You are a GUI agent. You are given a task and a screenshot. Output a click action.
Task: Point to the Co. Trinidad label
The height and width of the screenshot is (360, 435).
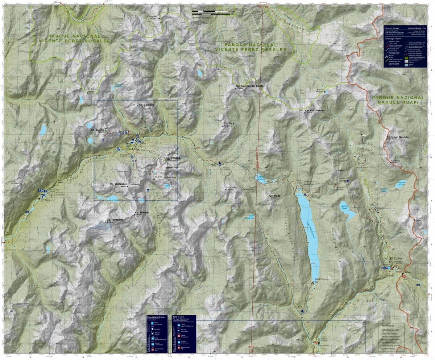click(173, 158)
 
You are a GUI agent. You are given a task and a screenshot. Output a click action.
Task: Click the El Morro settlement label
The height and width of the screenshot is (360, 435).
click(47, 200)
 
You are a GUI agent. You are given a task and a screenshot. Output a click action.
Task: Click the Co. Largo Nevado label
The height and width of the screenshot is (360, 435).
click(397, 137)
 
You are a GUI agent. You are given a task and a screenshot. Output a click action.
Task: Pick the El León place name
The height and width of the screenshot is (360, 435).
click(396, 258)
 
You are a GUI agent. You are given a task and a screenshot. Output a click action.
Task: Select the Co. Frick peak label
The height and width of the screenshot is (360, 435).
click(229, 124)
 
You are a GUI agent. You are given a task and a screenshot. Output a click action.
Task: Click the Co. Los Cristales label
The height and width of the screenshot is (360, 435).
click(314, 110)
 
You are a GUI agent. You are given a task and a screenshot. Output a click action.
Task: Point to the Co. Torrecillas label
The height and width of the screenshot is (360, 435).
click(115, 220)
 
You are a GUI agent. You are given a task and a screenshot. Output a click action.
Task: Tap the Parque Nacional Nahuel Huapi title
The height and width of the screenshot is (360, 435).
click(398, 100)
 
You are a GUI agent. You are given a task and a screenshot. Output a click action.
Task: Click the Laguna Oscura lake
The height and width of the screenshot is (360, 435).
click(400, 184)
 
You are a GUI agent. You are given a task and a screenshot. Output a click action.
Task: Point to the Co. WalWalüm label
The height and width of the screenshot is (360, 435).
click(119, 184)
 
